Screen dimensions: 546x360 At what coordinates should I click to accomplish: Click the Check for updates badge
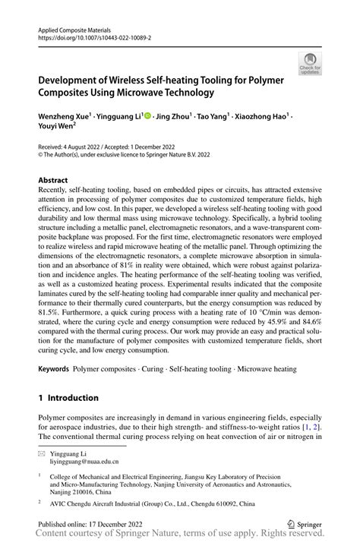[309, 65]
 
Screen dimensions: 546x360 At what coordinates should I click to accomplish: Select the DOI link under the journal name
[94, 36]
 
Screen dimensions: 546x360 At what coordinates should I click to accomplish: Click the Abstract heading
[56, 181]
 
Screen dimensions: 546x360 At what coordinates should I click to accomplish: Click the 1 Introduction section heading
[68, 397]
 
